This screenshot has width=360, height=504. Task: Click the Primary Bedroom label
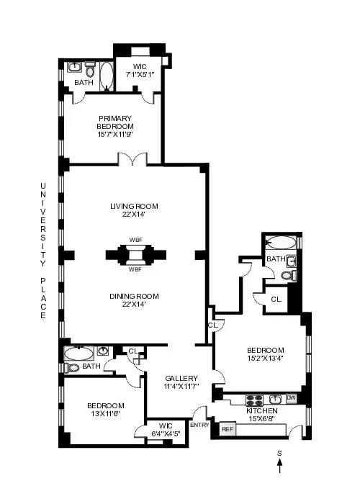(112, 127)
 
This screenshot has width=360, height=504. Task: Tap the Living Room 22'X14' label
(134, 210)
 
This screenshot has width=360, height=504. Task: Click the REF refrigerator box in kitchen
(228, 429)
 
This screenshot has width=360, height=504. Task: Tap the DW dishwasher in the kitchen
(291, 398)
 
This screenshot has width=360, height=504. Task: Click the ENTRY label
(199, 426)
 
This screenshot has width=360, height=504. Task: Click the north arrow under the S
(280, 468)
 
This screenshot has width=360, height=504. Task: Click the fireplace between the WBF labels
(134, 255)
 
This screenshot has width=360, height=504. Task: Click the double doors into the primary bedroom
(134, 158)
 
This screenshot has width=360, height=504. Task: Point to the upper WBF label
(135, 240)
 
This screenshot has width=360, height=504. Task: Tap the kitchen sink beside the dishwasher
(274, 398)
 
